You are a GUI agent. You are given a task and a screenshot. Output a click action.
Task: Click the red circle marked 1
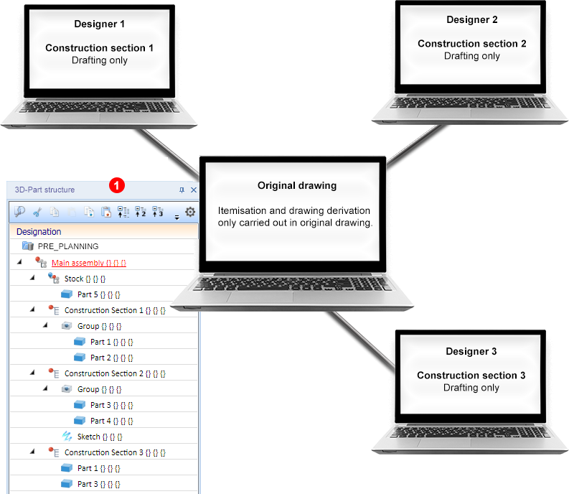[117, 185]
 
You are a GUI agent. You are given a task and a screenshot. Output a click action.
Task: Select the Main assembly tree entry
[88, 263]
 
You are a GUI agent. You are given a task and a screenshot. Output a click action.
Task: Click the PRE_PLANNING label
[68, 246]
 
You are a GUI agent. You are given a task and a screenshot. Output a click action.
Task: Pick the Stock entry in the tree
[85, 279]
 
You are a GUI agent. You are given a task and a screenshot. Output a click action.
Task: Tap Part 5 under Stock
[99, 294]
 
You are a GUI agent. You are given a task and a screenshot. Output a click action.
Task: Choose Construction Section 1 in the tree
[115, 310]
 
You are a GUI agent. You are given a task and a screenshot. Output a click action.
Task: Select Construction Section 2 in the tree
[115, 373]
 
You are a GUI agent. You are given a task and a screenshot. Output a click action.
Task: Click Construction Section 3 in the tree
[115, 452]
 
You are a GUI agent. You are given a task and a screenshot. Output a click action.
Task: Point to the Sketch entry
[100, 437]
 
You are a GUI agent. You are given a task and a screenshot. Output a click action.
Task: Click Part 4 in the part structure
[112, 421]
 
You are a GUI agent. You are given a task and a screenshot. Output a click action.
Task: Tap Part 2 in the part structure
[112, 358]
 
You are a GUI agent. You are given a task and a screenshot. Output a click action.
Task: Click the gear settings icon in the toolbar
[190, 211]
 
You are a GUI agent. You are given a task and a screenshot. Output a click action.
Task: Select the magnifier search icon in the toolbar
[19, 211]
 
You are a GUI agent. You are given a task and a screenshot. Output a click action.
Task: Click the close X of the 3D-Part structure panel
[194, 190]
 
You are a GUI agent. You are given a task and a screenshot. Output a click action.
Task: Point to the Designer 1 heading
[100, 24]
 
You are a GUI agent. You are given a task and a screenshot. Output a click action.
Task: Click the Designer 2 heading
[472, 19]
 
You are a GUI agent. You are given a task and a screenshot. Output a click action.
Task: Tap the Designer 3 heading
[471, 351]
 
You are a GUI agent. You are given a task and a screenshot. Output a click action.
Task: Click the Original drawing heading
[297, 186]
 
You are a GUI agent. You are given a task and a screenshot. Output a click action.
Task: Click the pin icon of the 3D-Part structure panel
[182, 190]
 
